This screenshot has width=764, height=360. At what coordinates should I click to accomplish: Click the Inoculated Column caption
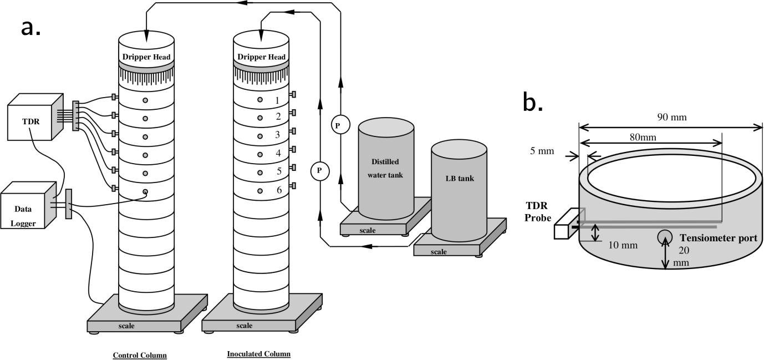(x=258, y=354)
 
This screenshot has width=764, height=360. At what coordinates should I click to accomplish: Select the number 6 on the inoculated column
(x=279, y=190)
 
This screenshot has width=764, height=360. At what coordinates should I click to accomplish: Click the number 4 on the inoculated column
(x=279, y=153)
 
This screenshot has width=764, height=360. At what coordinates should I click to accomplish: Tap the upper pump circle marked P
(x=339, y=126)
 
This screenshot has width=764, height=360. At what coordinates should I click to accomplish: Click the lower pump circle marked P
(x=319, y=170)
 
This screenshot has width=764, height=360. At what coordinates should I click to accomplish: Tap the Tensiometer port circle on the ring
(x=665, y=237)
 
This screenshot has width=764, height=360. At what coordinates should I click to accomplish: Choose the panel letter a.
(x=30, y=27)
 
